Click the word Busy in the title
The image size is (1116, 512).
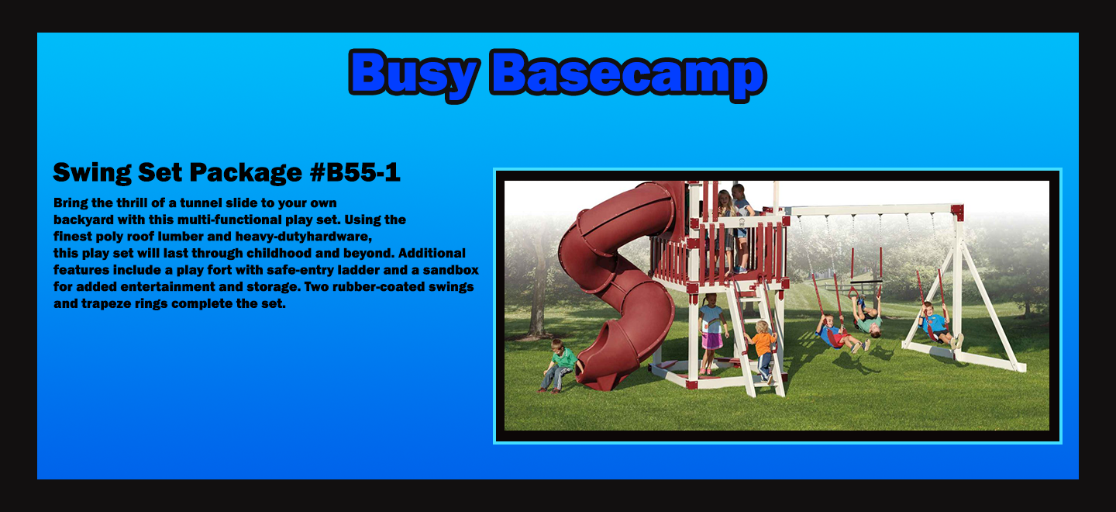pyautogui.click(x=414, y=74)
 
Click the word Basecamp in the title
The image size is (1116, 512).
pyautogui.click(x=628, y=74)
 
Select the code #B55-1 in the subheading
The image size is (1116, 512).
pyautogui.click(x=355, y=172)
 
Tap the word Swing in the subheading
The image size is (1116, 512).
pyautogui.click(x=91, y=173)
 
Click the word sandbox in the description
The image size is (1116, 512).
pyautogui.click(x=450, y=270)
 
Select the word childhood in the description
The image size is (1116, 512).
pyautogui.click(x=277, y=253)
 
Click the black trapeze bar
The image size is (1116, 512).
pyautogui.click(x=866, y=282)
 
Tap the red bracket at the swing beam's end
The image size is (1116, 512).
pyautogui.click(x=957, y=212)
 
